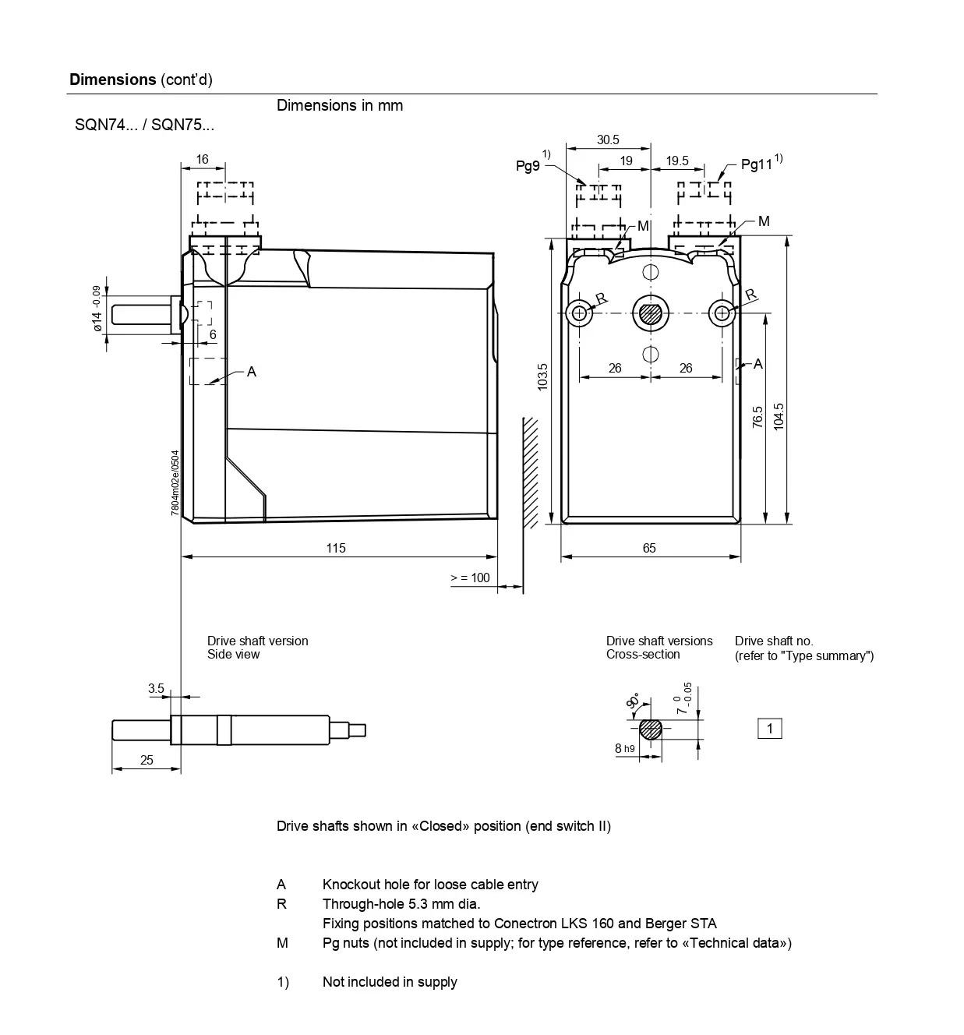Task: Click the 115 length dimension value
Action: click(x=336, y=548)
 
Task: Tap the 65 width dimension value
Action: click(x=649, y=548)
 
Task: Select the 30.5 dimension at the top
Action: click(x=608, y=140)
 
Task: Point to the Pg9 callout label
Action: click(x=528, y=166)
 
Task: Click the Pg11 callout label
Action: click(x=756, y=164)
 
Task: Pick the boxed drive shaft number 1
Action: click(x=770, y=729)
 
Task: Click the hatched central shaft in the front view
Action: click(x=650, y=313)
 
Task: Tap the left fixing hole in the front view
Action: click(x=579, y=313)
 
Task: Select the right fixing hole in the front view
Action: click(x=722, y=313)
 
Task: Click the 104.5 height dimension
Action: click(x=779, y=416)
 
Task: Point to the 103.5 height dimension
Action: click(x=543, y=377)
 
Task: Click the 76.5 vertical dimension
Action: click(x=757, y=416)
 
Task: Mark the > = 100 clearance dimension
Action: click(x=470, y=578)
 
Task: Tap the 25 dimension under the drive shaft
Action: click(x=147, y=760)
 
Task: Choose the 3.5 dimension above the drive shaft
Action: click(x=156, y=688)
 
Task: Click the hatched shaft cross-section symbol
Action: click(x=651, y=729)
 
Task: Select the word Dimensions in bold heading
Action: click(x=113, y=79)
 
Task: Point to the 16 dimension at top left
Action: click(x=202, y=159)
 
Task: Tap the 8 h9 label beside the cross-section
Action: click(x=624, y=748)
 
